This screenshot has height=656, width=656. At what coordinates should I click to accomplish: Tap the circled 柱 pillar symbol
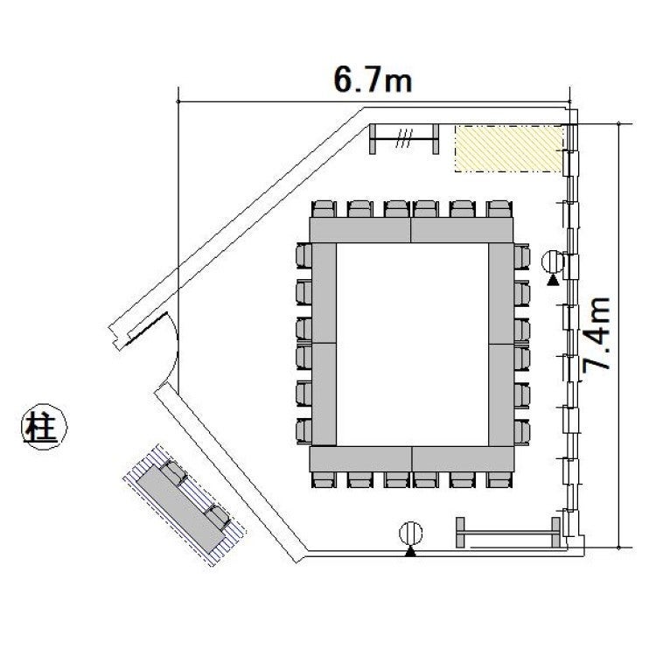pyautogui.click(x=44, y=426)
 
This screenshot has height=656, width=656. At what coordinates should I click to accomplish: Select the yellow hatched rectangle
pyautogui.click(x=509, y=148)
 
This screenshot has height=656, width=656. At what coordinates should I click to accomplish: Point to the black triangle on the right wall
pyautogui.click(x=553, y=280)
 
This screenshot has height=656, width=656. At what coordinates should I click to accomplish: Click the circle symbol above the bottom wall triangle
pyautogui.click(x=411, y=534)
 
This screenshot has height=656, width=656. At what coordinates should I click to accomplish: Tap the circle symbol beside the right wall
pyautogui.click(x=553, y=262)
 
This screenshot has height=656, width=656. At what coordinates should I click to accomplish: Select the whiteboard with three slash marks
pyautogui.click(x=404, y=138)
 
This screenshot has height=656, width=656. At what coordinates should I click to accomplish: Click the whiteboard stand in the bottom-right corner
pyautogui.click(x=508, y=532)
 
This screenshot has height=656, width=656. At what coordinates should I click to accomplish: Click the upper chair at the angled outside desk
pyautogui.click(x=174, y=472)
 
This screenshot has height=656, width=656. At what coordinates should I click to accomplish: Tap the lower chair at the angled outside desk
pyautogui.click(x=218, y=517)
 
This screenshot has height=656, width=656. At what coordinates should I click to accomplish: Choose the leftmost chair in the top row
pyautogui.click(x=325, y=209)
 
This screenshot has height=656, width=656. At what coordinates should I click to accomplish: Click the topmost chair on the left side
pyautogui.click(x=304, y=255)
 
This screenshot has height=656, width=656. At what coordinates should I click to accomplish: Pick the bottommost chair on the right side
pyautogui.click(x=522, y=433)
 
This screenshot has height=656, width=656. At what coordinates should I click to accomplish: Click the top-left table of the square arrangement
pyautogui.click(x=359, y=230)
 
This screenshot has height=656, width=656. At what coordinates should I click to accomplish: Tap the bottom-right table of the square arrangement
pyautogui.click(x=463, y=458)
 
